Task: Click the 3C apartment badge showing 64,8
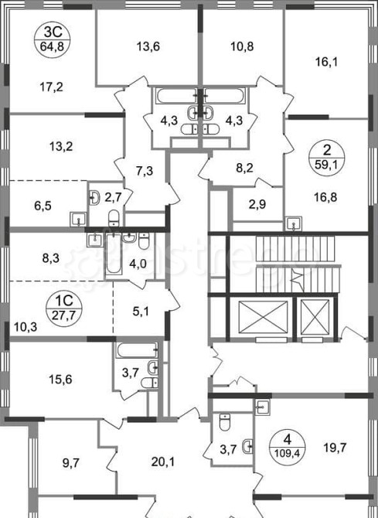click(53, 39)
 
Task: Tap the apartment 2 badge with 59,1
click(326, 158)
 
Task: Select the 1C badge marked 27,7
click(63, 308)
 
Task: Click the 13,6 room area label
click(148, 46)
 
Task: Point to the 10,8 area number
click(242, 46)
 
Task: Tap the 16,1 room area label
click(326, 62)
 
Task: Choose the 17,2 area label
click(51, 87)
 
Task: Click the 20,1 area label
click(163, 462)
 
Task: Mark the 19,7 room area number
click(335, 448)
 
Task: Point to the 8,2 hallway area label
click(245, 168)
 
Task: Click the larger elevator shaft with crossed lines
click(263, 317)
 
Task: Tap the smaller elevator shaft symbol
click(315, 317)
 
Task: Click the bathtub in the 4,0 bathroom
click(114, 254)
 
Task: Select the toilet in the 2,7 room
click(114, 217)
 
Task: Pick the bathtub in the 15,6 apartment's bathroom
click(137, 350)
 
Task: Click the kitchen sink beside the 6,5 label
click(79, 219)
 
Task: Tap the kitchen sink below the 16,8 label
click(294, 223)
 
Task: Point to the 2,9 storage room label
click(257, 204)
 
